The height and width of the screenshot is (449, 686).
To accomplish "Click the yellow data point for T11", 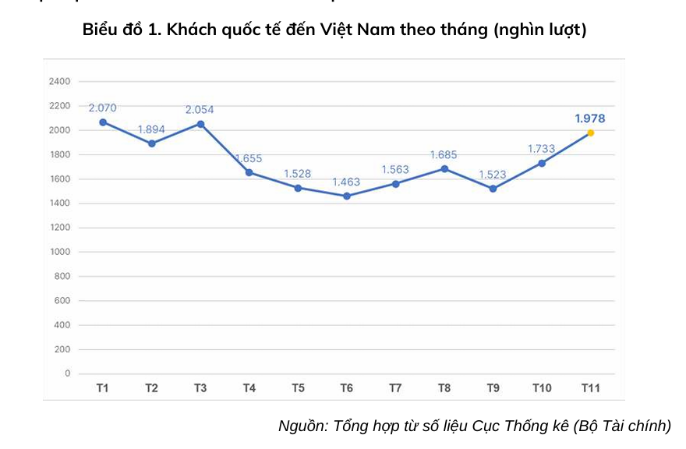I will point(590,133).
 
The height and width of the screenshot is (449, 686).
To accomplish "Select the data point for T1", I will point(103,122).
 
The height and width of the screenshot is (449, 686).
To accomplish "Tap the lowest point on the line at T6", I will point(347,196).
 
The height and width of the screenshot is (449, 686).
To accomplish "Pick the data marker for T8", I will point(444,168).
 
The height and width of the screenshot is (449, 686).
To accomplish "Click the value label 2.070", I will point(103,107).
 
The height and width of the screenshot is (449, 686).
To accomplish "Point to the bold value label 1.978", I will point(589,118).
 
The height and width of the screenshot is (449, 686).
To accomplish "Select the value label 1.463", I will point(346,182).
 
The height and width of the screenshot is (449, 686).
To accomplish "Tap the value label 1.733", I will point(541,148).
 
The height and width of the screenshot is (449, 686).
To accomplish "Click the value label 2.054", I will point(200,109).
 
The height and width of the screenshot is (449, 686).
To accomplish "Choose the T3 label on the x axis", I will point(200,387).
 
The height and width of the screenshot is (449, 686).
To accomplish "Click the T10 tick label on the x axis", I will point(541,387).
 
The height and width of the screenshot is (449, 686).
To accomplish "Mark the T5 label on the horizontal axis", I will point(298,387).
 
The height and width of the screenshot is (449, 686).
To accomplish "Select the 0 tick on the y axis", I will point(68,373).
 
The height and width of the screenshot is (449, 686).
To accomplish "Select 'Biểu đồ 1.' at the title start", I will point(121,30).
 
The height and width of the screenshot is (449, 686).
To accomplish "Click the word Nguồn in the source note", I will point(302,426).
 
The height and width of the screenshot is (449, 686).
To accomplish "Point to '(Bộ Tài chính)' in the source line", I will point(622,426).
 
